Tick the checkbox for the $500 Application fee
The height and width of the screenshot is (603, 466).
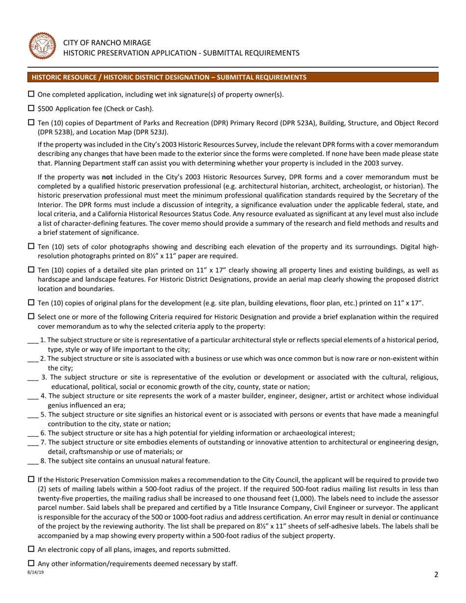click(31, 108)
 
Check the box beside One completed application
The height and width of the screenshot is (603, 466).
click(31, 94)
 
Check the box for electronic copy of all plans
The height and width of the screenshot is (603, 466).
click(31, 549)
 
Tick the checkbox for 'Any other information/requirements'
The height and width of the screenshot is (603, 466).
click(31, 563)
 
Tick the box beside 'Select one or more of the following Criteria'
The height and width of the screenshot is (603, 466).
click(31, 317)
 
